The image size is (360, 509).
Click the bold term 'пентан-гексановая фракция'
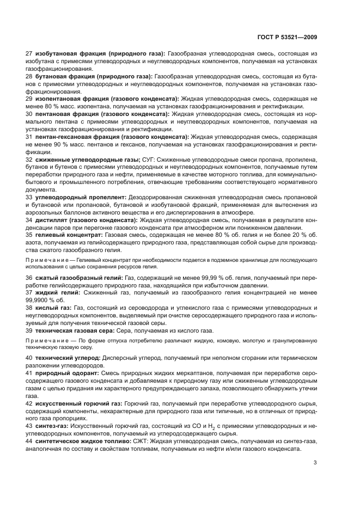(x=77, y=137)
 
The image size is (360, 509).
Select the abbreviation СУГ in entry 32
(x=149, y=158)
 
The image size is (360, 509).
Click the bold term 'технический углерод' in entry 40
(x=68, y=357)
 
